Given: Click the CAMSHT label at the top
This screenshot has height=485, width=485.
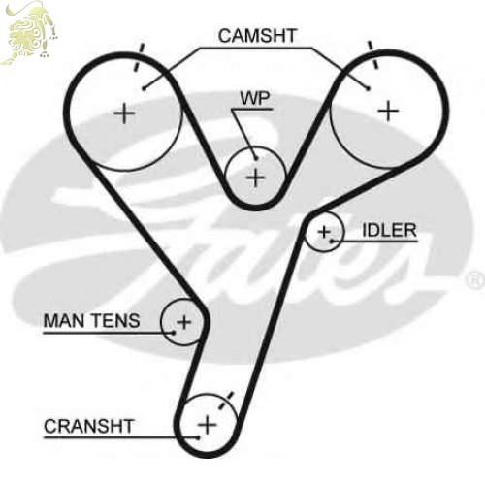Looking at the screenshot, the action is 257,36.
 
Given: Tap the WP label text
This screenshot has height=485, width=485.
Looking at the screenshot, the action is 254,98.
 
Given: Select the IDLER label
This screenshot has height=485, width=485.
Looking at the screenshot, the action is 389,231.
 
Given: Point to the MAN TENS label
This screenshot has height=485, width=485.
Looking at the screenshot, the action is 92,321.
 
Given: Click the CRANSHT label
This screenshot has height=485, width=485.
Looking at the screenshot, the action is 89,426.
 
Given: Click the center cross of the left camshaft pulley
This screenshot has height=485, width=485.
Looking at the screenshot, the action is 125,113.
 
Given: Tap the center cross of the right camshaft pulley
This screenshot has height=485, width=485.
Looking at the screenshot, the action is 388,111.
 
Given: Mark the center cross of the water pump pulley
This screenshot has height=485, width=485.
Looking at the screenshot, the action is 256,178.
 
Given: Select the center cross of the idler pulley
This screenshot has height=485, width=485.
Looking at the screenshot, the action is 324,232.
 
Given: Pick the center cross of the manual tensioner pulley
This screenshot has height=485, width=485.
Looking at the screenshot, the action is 184,322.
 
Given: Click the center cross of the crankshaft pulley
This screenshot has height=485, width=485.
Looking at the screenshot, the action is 207,425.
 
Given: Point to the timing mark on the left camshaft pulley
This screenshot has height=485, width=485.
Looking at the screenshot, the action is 139,57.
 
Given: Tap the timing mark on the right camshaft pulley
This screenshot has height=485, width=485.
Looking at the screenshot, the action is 372,54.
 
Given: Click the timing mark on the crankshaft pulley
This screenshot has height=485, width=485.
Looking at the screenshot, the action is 226,401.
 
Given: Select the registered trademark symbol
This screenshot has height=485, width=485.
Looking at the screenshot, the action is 475,280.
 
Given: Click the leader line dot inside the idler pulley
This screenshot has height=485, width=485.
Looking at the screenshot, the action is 331,242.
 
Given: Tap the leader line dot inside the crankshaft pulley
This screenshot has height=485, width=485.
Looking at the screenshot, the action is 198,437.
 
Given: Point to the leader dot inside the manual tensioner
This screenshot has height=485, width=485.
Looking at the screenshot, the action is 174,333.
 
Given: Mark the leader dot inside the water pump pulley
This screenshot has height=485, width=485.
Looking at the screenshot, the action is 257,158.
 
